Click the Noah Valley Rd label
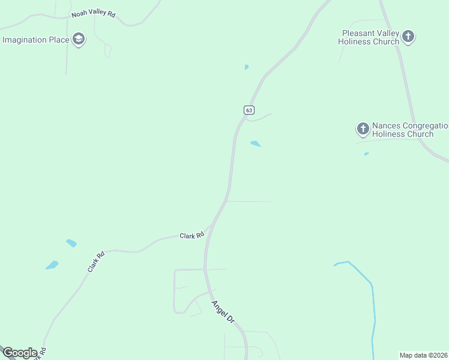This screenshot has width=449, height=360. pos(93,13)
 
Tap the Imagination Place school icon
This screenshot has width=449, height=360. pos(78,40)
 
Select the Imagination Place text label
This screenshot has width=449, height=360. pos(33,40)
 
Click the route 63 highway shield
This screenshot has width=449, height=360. pos(249,110)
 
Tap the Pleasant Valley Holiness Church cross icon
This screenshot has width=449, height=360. pos(408,37)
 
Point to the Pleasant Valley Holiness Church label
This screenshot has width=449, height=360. pos(369,37)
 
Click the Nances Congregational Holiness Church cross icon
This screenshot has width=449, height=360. pos(363,129)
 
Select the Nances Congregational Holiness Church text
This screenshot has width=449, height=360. pos(409,130)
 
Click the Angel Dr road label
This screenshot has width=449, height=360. pos(222,312)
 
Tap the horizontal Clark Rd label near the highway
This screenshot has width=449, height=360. pos(192,236)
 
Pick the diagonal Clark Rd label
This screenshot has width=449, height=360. pos(96,262)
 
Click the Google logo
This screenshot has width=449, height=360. pos(20,353)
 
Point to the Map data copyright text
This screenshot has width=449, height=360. pos(424,355)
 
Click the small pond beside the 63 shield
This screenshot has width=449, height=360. pos(256,144)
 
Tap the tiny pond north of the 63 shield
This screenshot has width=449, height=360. pos(247,67)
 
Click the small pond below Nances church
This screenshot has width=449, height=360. pos(366,154)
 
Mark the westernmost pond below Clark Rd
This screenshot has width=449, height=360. pos(52,265)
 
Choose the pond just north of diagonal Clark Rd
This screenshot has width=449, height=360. pos(71,243)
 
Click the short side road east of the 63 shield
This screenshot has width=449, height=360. pos(261,117)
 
